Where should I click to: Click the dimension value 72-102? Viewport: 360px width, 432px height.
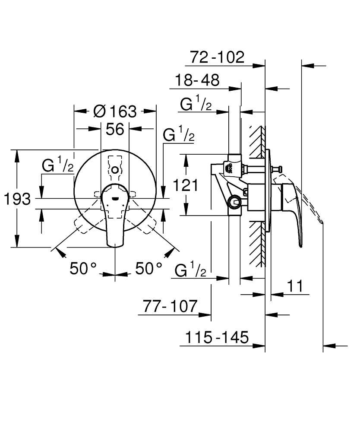217,57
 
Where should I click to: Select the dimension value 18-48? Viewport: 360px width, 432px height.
197,80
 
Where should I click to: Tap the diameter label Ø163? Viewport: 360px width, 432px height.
114,111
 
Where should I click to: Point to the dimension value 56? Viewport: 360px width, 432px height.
115,129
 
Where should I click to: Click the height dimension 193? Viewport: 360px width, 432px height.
17,199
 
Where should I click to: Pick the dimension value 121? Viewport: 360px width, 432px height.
186,185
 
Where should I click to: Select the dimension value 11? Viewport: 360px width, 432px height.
295,286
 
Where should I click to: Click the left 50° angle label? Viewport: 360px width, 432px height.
83,269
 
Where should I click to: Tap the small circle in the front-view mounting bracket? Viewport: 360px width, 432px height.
115,171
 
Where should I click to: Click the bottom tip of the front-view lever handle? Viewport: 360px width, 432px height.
115,247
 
